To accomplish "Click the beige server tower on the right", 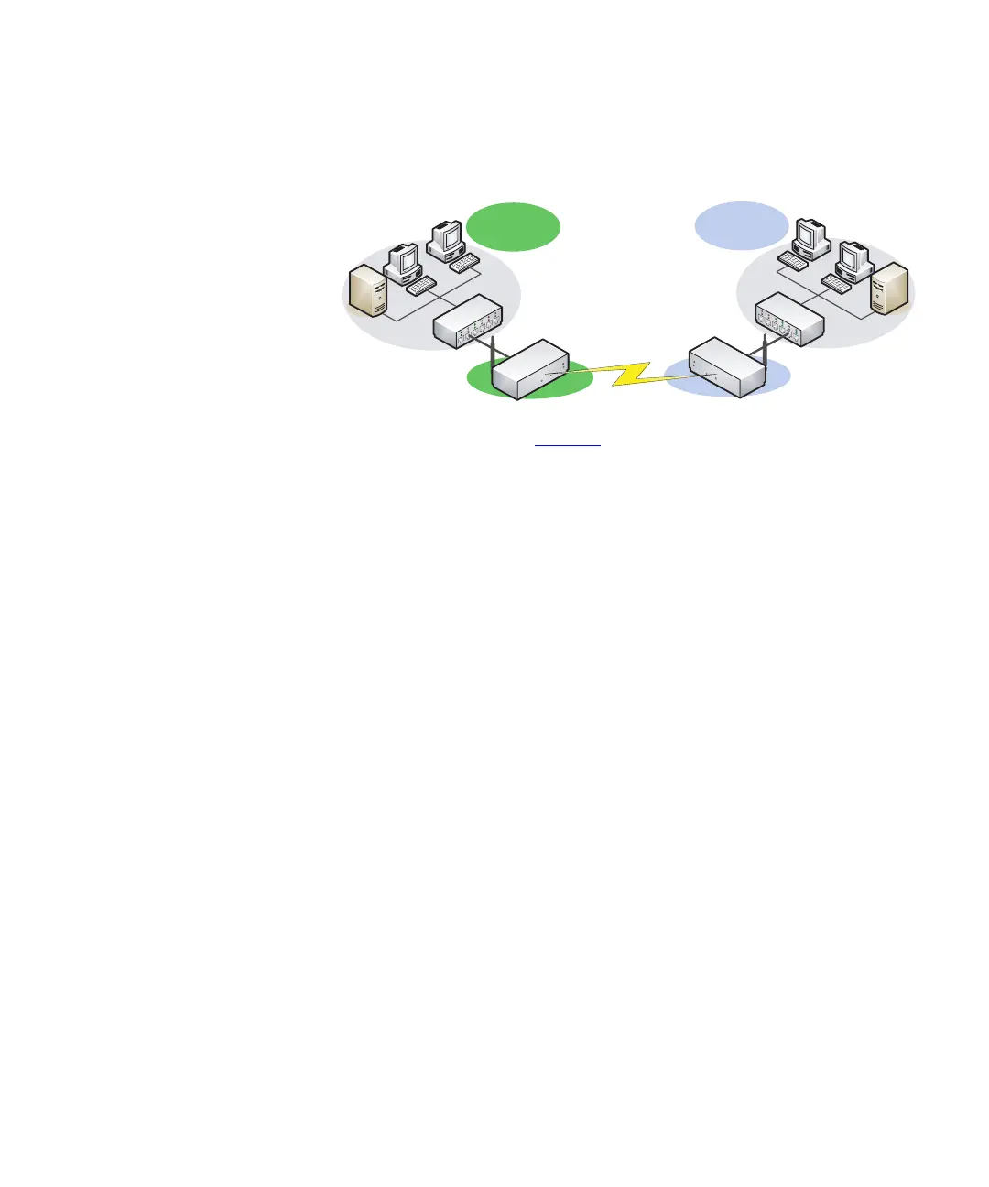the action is pos(891,289).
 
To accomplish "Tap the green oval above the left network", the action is pos(513,226).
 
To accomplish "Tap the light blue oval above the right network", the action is pos(741,225).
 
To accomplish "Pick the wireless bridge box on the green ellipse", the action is pos(530,369).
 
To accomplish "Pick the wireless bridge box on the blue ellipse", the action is pos(725,366).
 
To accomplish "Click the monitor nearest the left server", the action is pos(403,261).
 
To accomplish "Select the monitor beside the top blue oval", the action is pos(811,237).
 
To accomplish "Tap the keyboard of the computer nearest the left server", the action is pos(421,287).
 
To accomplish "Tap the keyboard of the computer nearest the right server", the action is pos(836,283).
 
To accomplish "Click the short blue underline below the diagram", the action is pos(568,445).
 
